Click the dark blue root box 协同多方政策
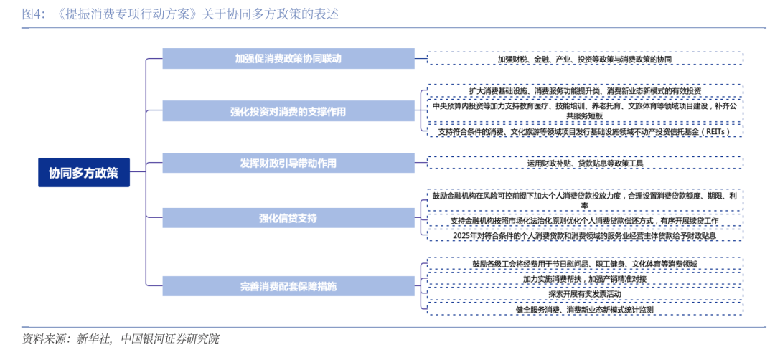pos(84,173)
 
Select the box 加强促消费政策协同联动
pos(288,59)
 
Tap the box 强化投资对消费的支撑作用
pos(288,111)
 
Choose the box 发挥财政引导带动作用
pos(288,164)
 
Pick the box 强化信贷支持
pos(288,218)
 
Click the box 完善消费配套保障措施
pos(288,286)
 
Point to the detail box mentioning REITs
pos(585,131)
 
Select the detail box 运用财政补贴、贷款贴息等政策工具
pos(585,164)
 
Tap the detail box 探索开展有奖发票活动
pos(585,294)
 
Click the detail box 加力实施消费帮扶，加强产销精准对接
pos(585,279)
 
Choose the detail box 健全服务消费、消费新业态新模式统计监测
pos(585,309)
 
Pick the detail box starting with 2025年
pos(585,235)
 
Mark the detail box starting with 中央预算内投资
pos(585,110)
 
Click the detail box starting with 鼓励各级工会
pos(585,264)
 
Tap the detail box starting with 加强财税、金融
pos(585,59)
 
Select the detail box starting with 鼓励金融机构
pos(585,200)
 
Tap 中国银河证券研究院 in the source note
pos(170,339)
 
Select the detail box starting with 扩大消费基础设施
pos(585,91)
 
